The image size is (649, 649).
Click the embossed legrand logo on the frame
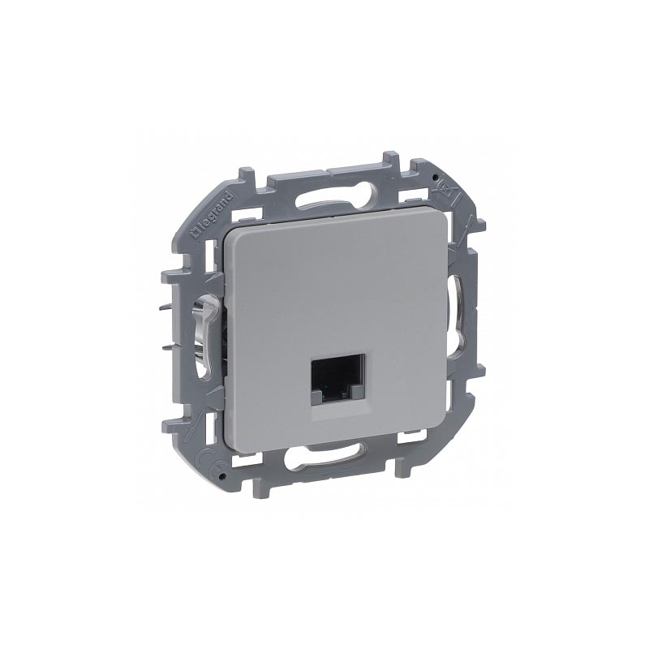pos(213,215)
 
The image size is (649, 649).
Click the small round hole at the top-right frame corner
pos(434,177)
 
